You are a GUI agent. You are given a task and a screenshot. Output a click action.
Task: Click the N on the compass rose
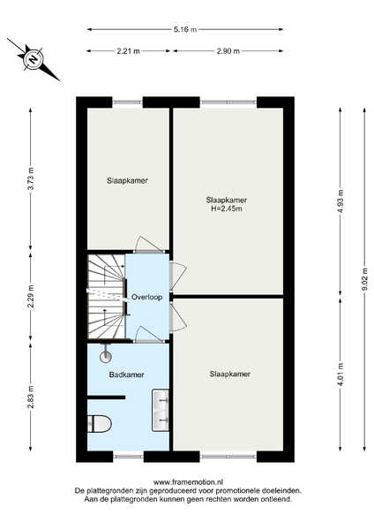(34, 59)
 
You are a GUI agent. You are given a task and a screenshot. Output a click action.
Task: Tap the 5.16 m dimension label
(185, 29)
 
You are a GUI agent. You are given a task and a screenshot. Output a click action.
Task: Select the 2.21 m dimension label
(128, 51)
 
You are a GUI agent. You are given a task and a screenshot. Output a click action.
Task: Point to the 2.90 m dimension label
(228, 51)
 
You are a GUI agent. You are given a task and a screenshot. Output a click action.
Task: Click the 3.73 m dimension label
(31, 178)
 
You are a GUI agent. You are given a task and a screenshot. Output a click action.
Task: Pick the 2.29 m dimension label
(31, 297)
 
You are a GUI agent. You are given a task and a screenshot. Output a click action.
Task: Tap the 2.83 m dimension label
(31, 397)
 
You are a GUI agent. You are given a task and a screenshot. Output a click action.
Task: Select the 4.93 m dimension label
(340, 201)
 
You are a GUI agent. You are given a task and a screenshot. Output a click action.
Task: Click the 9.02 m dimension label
(364, 279)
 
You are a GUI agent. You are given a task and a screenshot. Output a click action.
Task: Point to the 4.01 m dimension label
(340, 375)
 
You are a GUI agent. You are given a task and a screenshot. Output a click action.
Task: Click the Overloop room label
(146, 297)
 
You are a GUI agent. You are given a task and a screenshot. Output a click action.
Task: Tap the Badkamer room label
(127, 375)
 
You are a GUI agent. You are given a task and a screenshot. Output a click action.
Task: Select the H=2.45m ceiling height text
(227, 208)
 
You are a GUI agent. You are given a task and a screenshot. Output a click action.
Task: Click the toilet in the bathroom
(100, 424)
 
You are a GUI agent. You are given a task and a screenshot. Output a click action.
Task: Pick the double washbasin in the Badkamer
(161, 411)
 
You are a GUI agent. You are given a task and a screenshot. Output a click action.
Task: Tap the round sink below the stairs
(106, 356)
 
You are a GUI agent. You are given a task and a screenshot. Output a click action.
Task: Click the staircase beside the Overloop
(107, 297)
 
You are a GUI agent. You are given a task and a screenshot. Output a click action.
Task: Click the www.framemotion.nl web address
(189, 482)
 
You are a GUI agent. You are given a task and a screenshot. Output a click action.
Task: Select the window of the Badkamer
(128, 457)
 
